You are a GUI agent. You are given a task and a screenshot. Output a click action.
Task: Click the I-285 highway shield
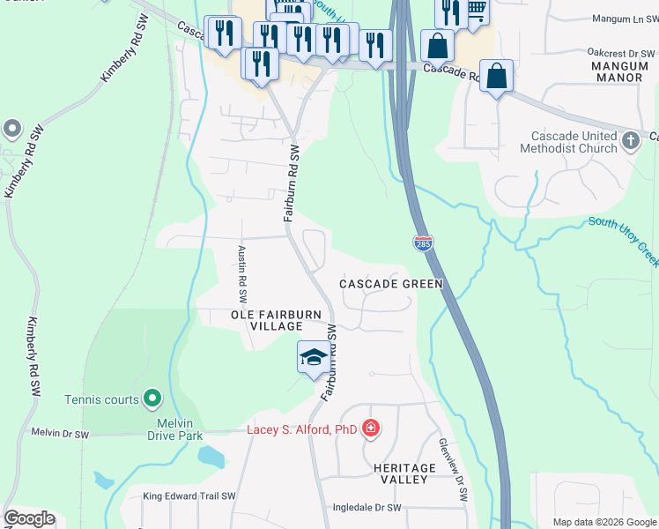point(423,243)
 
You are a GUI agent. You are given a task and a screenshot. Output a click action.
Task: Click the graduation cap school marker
point(313,357)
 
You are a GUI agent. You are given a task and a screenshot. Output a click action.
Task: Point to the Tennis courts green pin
point(152,399)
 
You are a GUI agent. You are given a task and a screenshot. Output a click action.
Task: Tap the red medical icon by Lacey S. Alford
point(371,429)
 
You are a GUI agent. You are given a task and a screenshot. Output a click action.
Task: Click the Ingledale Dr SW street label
point(367,508)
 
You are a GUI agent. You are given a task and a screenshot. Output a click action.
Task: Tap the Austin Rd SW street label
point(241,272)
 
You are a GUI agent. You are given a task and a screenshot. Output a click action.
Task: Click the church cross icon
point(630,140)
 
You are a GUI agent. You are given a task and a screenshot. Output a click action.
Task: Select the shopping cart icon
point(476,10)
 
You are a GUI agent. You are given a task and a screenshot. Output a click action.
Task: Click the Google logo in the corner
point(29,518)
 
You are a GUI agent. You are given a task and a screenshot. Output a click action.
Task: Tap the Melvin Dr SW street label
point(60,434)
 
